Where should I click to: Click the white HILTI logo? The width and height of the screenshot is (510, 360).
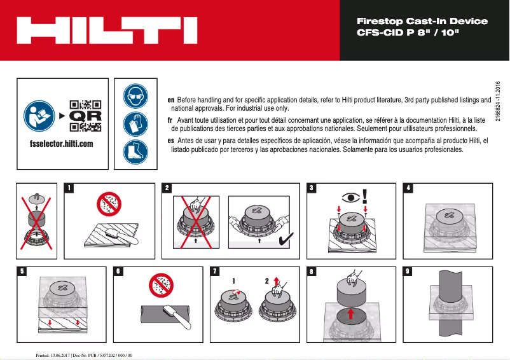[x=106, y=30]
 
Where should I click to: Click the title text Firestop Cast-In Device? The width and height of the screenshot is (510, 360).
[x=422, y=21]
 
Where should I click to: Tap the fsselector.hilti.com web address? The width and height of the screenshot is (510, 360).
[x=61, y=144]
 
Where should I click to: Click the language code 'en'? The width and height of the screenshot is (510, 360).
[x=170, y=100]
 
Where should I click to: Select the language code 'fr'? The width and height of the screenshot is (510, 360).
[x=170, y=120]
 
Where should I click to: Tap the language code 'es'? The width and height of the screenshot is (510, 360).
[x=170, y=140]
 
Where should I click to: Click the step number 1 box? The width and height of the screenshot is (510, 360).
[x=69, y=188]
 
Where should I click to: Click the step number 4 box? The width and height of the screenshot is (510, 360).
[x=409, y=188]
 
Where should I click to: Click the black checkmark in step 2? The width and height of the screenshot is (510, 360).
[x=286, y=239]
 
